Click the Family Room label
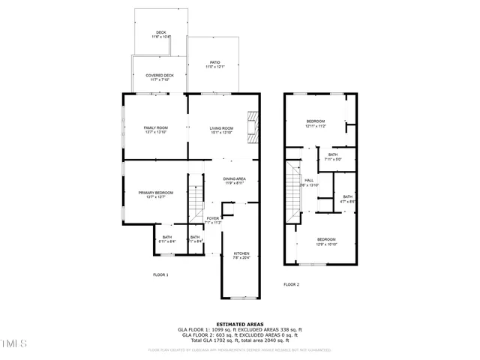pos(156,128)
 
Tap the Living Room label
pos(221,128)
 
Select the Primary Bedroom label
pos(156,193)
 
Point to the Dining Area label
pos(235,178)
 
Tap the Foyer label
pos(213,218)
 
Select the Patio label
pos(214,63)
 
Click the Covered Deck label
pos(160,75)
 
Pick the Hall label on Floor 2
pos(308,180)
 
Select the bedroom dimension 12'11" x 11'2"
pos(315,126)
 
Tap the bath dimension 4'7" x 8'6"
pos(347,201)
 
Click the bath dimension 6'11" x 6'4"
pos(166,241)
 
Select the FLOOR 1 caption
pos(160,275)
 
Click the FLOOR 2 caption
pos(291,285)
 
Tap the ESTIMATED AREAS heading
pos(240,324)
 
